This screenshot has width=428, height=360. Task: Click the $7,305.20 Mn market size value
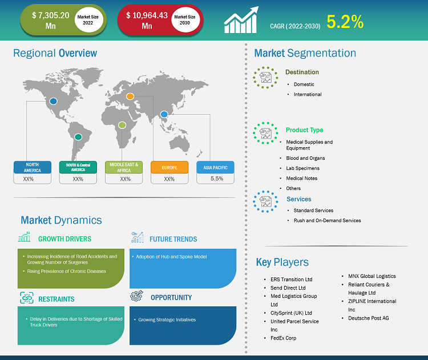(x=50, y=21)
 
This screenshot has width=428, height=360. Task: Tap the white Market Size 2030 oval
(x=185, y=19)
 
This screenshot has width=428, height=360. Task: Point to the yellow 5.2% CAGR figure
(x=345, y=22)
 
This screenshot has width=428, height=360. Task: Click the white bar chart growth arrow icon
(x=241, y=20)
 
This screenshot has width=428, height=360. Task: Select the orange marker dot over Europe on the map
(x=130, y=96)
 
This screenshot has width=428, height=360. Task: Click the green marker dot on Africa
(x=122, y=125)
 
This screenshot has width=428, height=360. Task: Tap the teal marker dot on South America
(x=78, y=137)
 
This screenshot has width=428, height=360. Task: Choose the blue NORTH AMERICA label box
(x=32, y=167)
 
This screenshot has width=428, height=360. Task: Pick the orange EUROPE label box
(x=169, y=167)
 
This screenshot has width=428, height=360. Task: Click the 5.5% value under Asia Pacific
(x=217, y=179)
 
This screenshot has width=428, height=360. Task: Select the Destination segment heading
(x=302, y=72)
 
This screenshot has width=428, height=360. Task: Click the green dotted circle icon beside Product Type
(x=265, y=133)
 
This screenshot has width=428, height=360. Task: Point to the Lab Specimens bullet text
(x=302, y=168)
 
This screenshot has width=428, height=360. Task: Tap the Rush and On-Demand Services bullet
(x=328, y=221)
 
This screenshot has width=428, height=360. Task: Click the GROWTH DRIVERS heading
(x=64, y=239)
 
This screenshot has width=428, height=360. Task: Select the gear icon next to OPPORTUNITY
(x=136, y=296)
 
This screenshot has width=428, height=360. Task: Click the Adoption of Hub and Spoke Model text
(x=171, y=257)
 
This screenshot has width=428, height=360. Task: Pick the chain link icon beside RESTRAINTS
(x=27, y=298)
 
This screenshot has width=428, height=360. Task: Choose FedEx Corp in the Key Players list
(x=283, y=338)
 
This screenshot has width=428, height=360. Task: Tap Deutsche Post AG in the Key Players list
(x=369, y=318)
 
